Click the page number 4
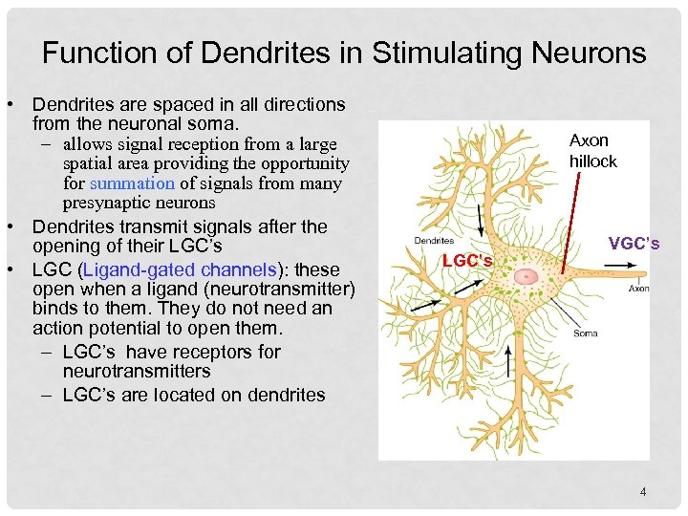[643, 492]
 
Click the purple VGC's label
[634, 244]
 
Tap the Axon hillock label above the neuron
[592, 151]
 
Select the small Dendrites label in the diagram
[434, 241]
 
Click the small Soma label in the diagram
[586, 333]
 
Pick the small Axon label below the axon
[638, 288]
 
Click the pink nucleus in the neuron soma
[527, 275]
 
